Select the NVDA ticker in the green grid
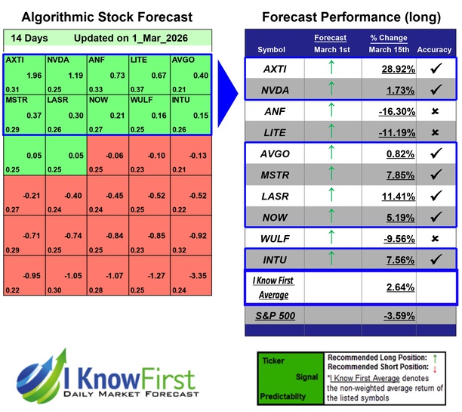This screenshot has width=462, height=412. tap(66, 73)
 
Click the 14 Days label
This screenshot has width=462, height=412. tap(28, 38)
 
